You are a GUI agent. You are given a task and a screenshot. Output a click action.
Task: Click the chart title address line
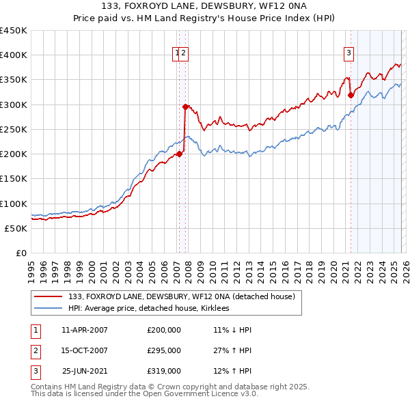(x=204, y=7)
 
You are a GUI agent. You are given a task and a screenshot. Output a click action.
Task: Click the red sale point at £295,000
(x=185, y=107)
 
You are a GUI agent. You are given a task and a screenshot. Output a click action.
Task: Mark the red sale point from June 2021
(x=351, y=95)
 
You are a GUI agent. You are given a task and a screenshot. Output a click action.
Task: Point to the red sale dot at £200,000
(x=179, y=154)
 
